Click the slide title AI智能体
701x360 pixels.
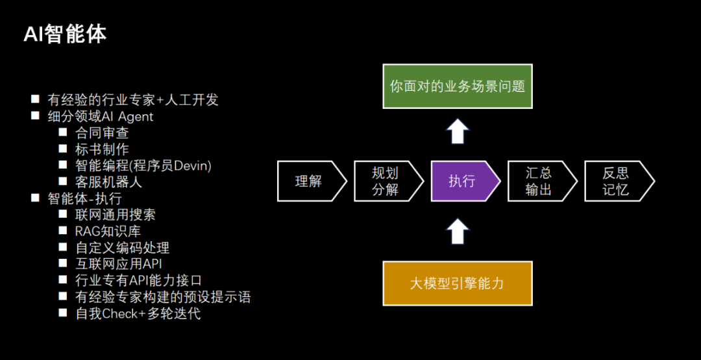[x=65, y=34]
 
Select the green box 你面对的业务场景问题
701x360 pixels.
[x=457, y=86]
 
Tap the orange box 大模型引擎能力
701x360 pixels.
[x=457, y=283]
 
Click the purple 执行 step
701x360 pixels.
[x=463, y=181]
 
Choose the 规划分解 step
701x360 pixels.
[x=385, y=181]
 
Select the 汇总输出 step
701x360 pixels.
[x=539, y=181]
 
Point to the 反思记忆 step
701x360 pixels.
[x=615, y=181]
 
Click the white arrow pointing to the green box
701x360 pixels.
[x=458, y=132]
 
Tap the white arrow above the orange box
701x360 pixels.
[x=458, y=232]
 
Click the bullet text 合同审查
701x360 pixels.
[x=102, y=133]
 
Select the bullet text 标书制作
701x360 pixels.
[x=102, y=149]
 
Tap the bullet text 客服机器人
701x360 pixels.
[x=108, y=182]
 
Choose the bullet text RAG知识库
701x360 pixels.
[x=108, y=231]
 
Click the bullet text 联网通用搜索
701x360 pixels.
[x=116, y=215]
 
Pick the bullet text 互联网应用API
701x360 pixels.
[x=119, y=264]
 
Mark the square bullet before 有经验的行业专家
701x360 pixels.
[x=35, y=99]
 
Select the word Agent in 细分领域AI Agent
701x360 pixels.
[x=136, y=117]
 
